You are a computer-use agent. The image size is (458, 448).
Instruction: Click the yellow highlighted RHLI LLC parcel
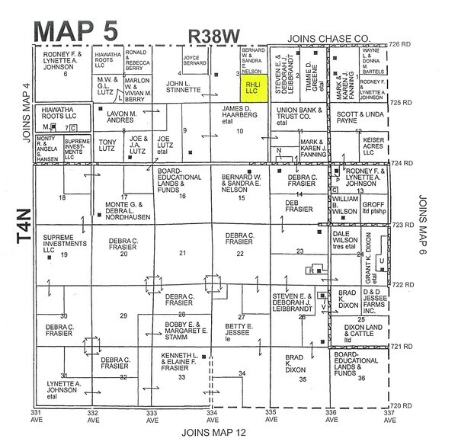[x=251, y=86]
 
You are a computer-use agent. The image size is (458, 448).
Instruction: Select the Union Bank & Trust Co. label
[x=293, y=114]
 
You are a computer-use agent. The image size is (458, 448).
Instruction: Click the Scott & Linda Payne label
[x=358, y=114]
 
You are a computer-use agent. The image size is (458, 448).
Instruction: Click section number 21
[x=181, y=252]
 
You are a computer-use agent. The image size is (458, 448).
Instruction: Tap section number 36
[x=361, y=379]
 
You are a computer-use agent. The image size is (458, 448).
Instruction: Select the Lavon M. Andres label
[x=120, y=114]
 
